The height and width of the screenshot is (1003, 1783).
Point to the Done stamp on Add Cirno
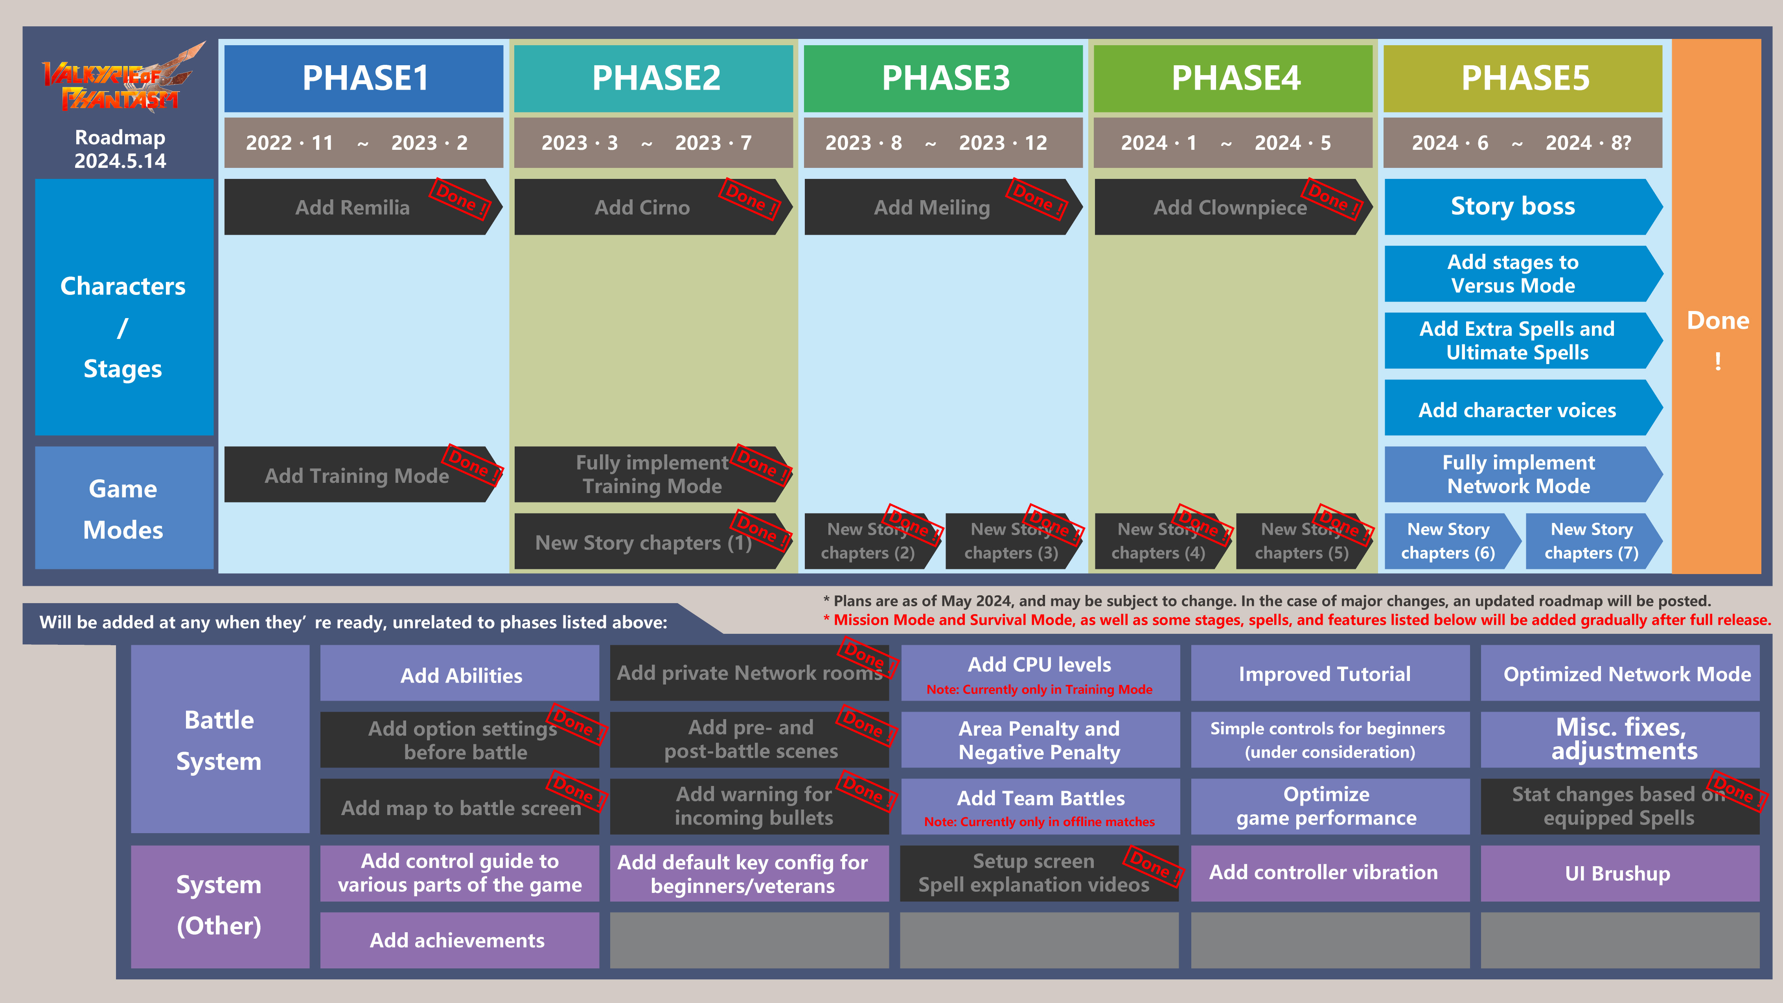pos(751,199)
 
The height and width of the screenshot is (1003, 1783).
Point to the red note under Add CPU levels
pos(1039,689)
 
